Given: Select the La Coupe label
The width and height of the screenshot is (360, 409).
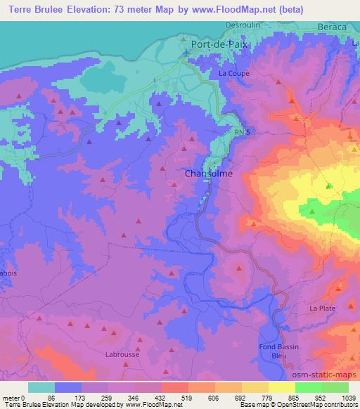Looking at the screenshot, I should [x=233, y=72].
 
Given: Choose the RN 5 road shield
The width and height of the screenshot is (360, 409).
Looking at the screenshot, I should [x=241, y=131].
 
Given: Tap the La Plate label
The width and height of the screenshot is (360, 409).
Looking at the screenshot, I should [x=322, y=309].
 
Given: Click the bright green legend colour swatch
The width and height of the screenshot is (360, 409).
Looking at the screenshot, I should [x=309, y=387].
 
